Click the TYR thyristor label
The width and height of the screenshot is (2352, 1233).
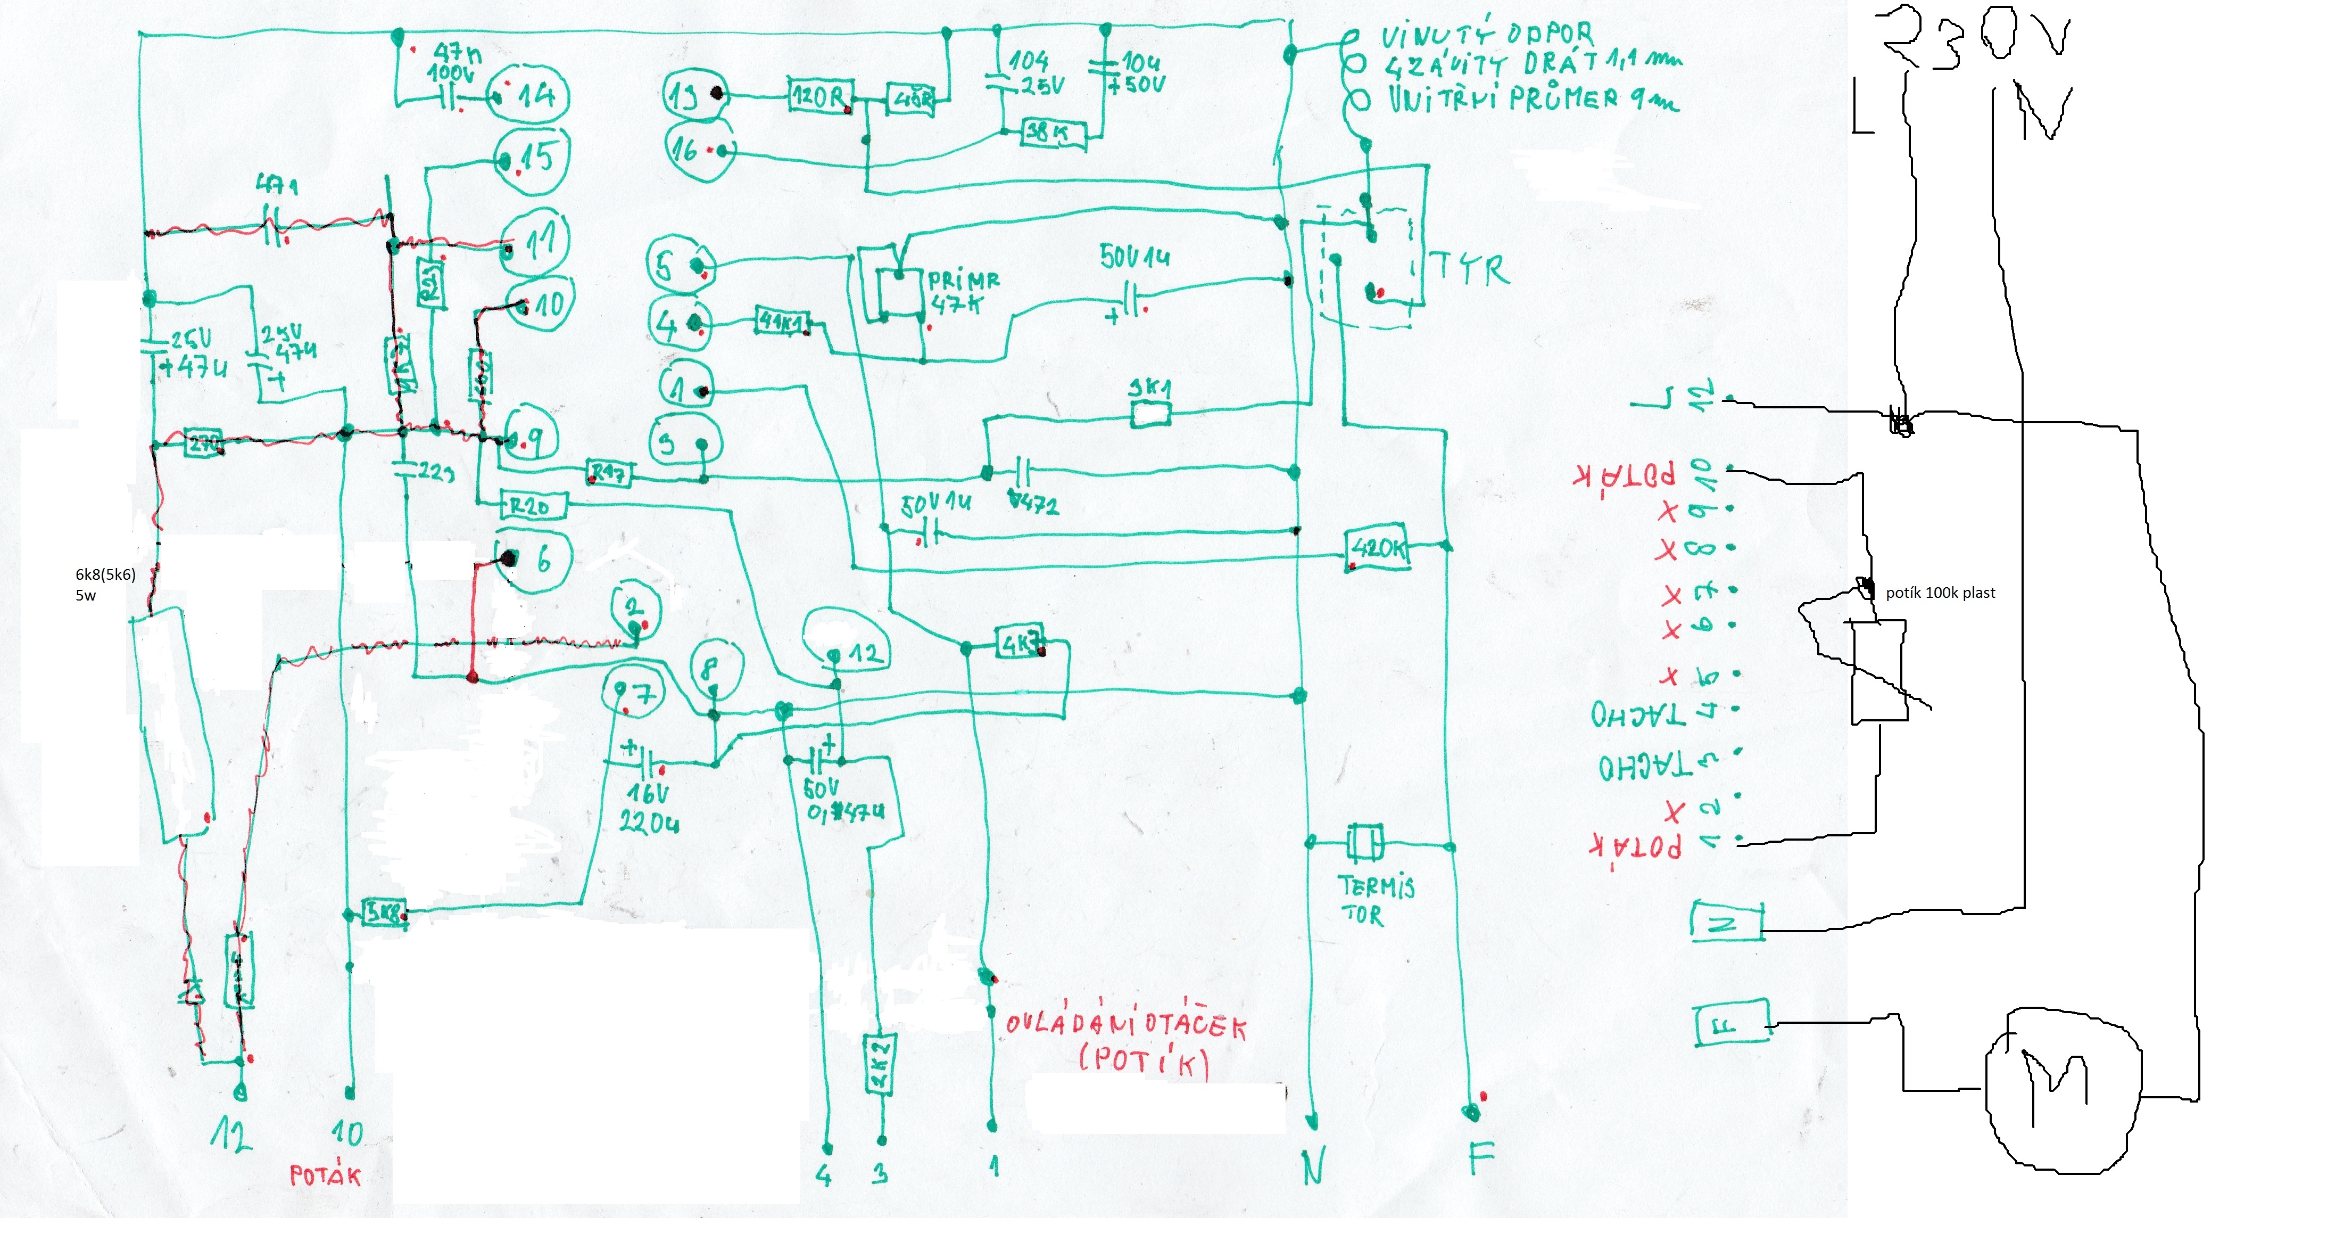[x=1470, y=269]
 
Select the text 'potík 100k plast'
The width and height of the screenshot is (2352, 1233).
[x=1940, y=593]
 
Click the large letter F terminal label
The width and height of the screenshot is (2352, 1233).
[x=1481, y=1161]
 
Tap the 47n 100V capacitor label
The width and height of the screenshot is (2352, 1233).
[x=454, y=64]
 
